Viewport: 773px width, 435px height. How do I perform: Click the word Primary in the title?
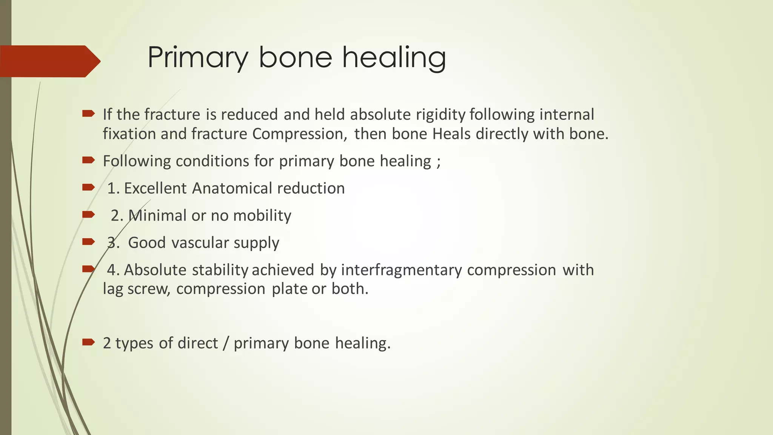click(x=198, y=57)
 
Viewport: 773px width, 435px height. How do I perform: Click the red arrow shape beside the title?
click(x=49, y=61)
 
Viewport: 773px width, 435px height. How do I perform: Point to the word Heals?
click(x=451, y=134)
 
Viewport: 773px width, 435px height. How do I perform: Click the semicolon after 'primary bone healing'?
click(x=438, y=162)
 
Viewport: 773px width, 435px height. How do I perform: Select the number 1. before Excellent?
click(x=113, y=188)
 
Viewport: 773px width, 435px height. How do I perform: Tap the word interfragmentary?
click(x=401, y=270)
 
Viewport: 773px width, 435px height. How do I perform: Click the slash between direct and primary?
click(x=226, y=343)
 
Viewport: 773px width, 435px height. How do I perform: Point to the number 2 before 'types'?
click(x=107, y=343)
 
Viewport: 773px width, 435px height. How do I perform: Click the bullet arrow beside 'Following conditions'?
click(x=88, y=160)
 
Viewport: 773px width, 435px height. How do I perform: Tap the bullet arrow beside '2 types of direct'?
click(x=88, y=342)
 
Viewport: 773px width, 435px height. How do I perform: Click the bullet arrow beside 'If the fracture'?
click(x=88, y=113)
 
